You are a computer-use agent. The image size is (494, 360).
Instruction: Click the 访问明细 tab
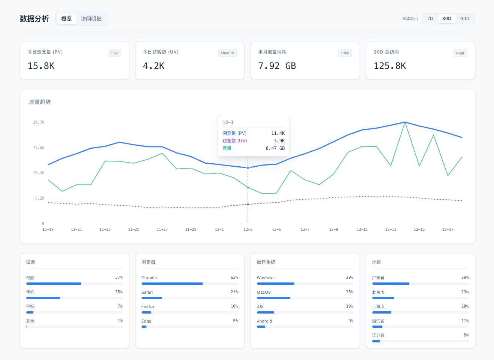coord(91,19)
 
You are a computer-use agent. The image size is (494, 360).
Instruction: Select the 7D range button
coord(430,19)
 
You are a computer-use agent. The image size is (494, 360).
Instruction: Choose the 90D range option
coord(464,19)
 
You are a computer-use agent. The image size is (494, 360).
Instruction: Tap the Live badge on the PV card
coord(115,53)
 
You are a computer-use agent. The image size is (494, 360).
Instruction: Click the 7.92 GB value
coord(277,66)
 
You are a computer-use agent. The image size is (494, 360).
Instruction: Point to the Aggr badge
coord(460,53)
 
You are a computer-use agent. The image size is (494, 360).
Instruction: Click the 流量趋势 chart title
coord(40,102)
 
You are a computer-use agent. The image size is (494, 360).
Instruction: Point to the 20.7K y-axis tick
coord(39,122)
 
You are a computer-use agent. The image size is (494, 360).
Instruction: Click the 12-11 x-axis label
coord(362,229)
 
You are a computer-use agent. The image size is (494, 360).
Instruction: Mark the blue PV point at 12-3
coord(248,168)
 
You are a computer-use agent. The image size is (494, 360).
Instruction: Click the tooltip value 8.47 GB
coord(275,148)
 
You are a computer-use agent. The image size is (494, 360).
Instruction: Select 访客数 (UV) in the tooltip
coord(234,141)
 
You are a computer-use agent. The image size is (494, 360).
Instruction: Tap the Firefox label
coord(148,306)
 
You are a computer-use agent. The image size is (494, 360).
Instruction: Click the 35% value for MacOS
coord(349,292)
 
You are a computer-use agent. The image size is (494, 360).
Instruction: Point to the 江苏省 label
coord(378,335)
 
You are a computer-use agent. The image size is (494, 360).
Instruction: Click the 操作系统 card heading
coord(266,262)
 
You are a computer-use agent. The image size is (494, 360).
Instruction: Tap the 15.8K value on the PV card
coord(41,66)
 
